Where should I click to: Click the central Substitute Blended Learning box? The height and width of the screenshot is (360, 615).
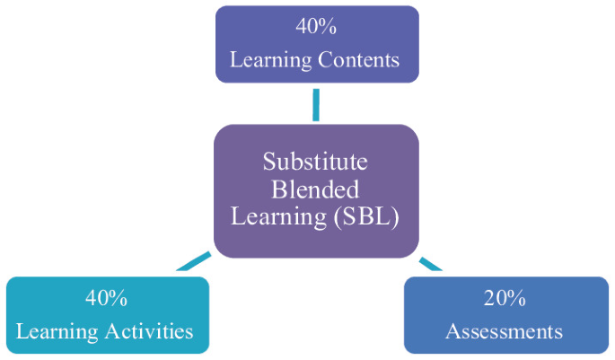click(316, 190)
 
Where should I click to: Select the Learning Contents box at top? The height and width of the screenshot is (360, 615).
click(316, 44)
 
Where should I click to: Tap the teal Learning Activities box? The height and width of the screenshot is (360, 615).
click(107, 314)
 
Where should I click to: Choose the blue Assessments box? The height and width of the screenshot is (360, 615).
click(505, 314)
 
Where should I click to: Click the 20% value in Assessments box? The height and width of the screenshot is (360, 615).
click(505, 298)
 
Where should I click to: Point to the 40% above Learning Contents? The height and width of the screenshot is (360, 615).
click(315, 26)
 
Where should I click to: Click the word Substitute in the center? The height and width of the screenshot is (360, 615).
click(315, 162)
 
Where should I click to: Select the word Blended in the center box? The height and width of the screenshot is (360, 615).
click(315, 189)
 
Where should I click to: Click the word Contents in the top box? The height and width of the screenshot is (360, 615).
click(357, 60)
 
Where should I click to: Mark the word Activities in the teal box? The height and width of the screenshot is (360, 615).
click(147, 331)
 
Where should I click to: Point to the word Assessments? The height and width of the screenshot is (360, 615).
click(505, 331)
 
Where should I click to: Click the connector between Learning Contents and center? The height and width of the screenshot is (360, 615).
click(316, 104)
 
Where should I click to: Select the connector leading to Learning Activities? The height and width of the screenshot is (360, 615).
click(193, 262)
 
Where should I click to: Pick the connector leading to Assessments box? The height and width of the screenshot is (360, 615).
click(431, 263)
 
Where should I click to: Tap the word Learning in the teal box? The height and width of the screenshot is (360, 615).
click(57, 331)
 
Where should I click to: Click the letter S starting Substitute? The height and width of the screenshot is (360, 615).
click(268, 162)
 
